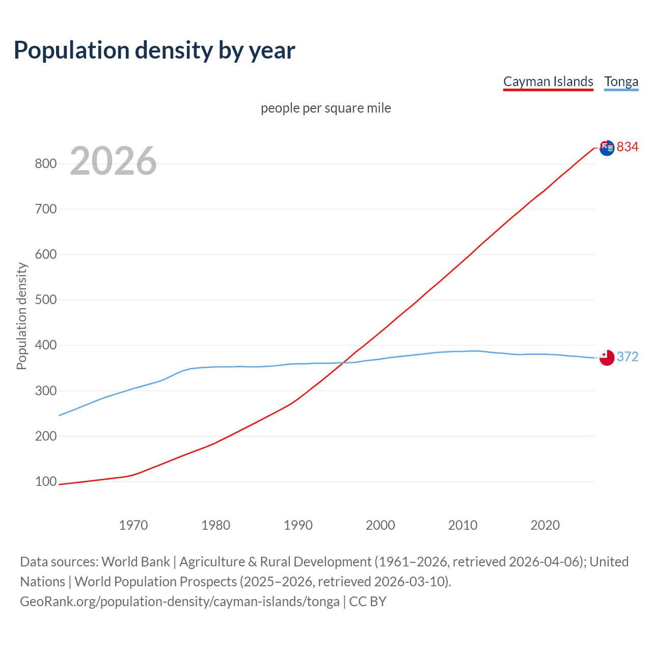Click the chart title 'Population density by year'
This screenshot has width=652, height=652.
coord(154,50)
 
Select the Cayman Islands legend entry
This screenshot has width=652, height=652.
coord(548,81)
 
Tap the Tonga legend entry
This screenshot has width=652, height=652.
coord(621,81)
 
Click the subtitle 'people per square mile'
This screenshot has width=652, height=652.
coord(326,108)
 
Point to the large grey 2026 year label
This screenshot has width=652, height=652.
coord(113,161)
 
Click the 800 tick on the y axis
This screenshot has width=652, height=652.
coord(45,164)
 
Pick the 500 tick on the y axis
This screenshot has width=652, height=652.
coord(45,300)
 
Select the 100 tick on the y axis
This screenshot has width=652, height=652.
coord(45,481)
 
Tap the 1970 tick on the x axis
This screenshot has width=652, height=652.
coord(133,525)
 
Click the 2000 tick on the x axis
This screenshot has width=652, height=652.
coord(381,525)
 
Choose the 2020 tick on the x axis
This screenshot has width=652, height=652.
coord(545,525)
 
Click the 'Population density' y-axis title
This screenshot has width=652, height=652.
coord(21,316)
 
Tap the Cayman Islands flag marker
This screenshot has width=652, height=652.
coord(607,148)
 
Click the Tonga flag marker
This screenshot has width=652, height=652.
coord(607,358)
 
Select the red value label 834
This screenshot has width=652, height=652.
coord(628,147)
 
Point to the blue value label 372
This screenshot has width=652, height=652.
coord(628,357)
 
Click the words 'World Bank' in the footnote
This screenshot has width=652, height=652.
coord(135,561)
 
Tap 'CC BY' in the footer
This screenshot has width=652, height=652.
coord(368,601)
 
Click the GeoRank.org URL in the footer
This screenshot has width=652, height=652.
coord(180,601)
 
